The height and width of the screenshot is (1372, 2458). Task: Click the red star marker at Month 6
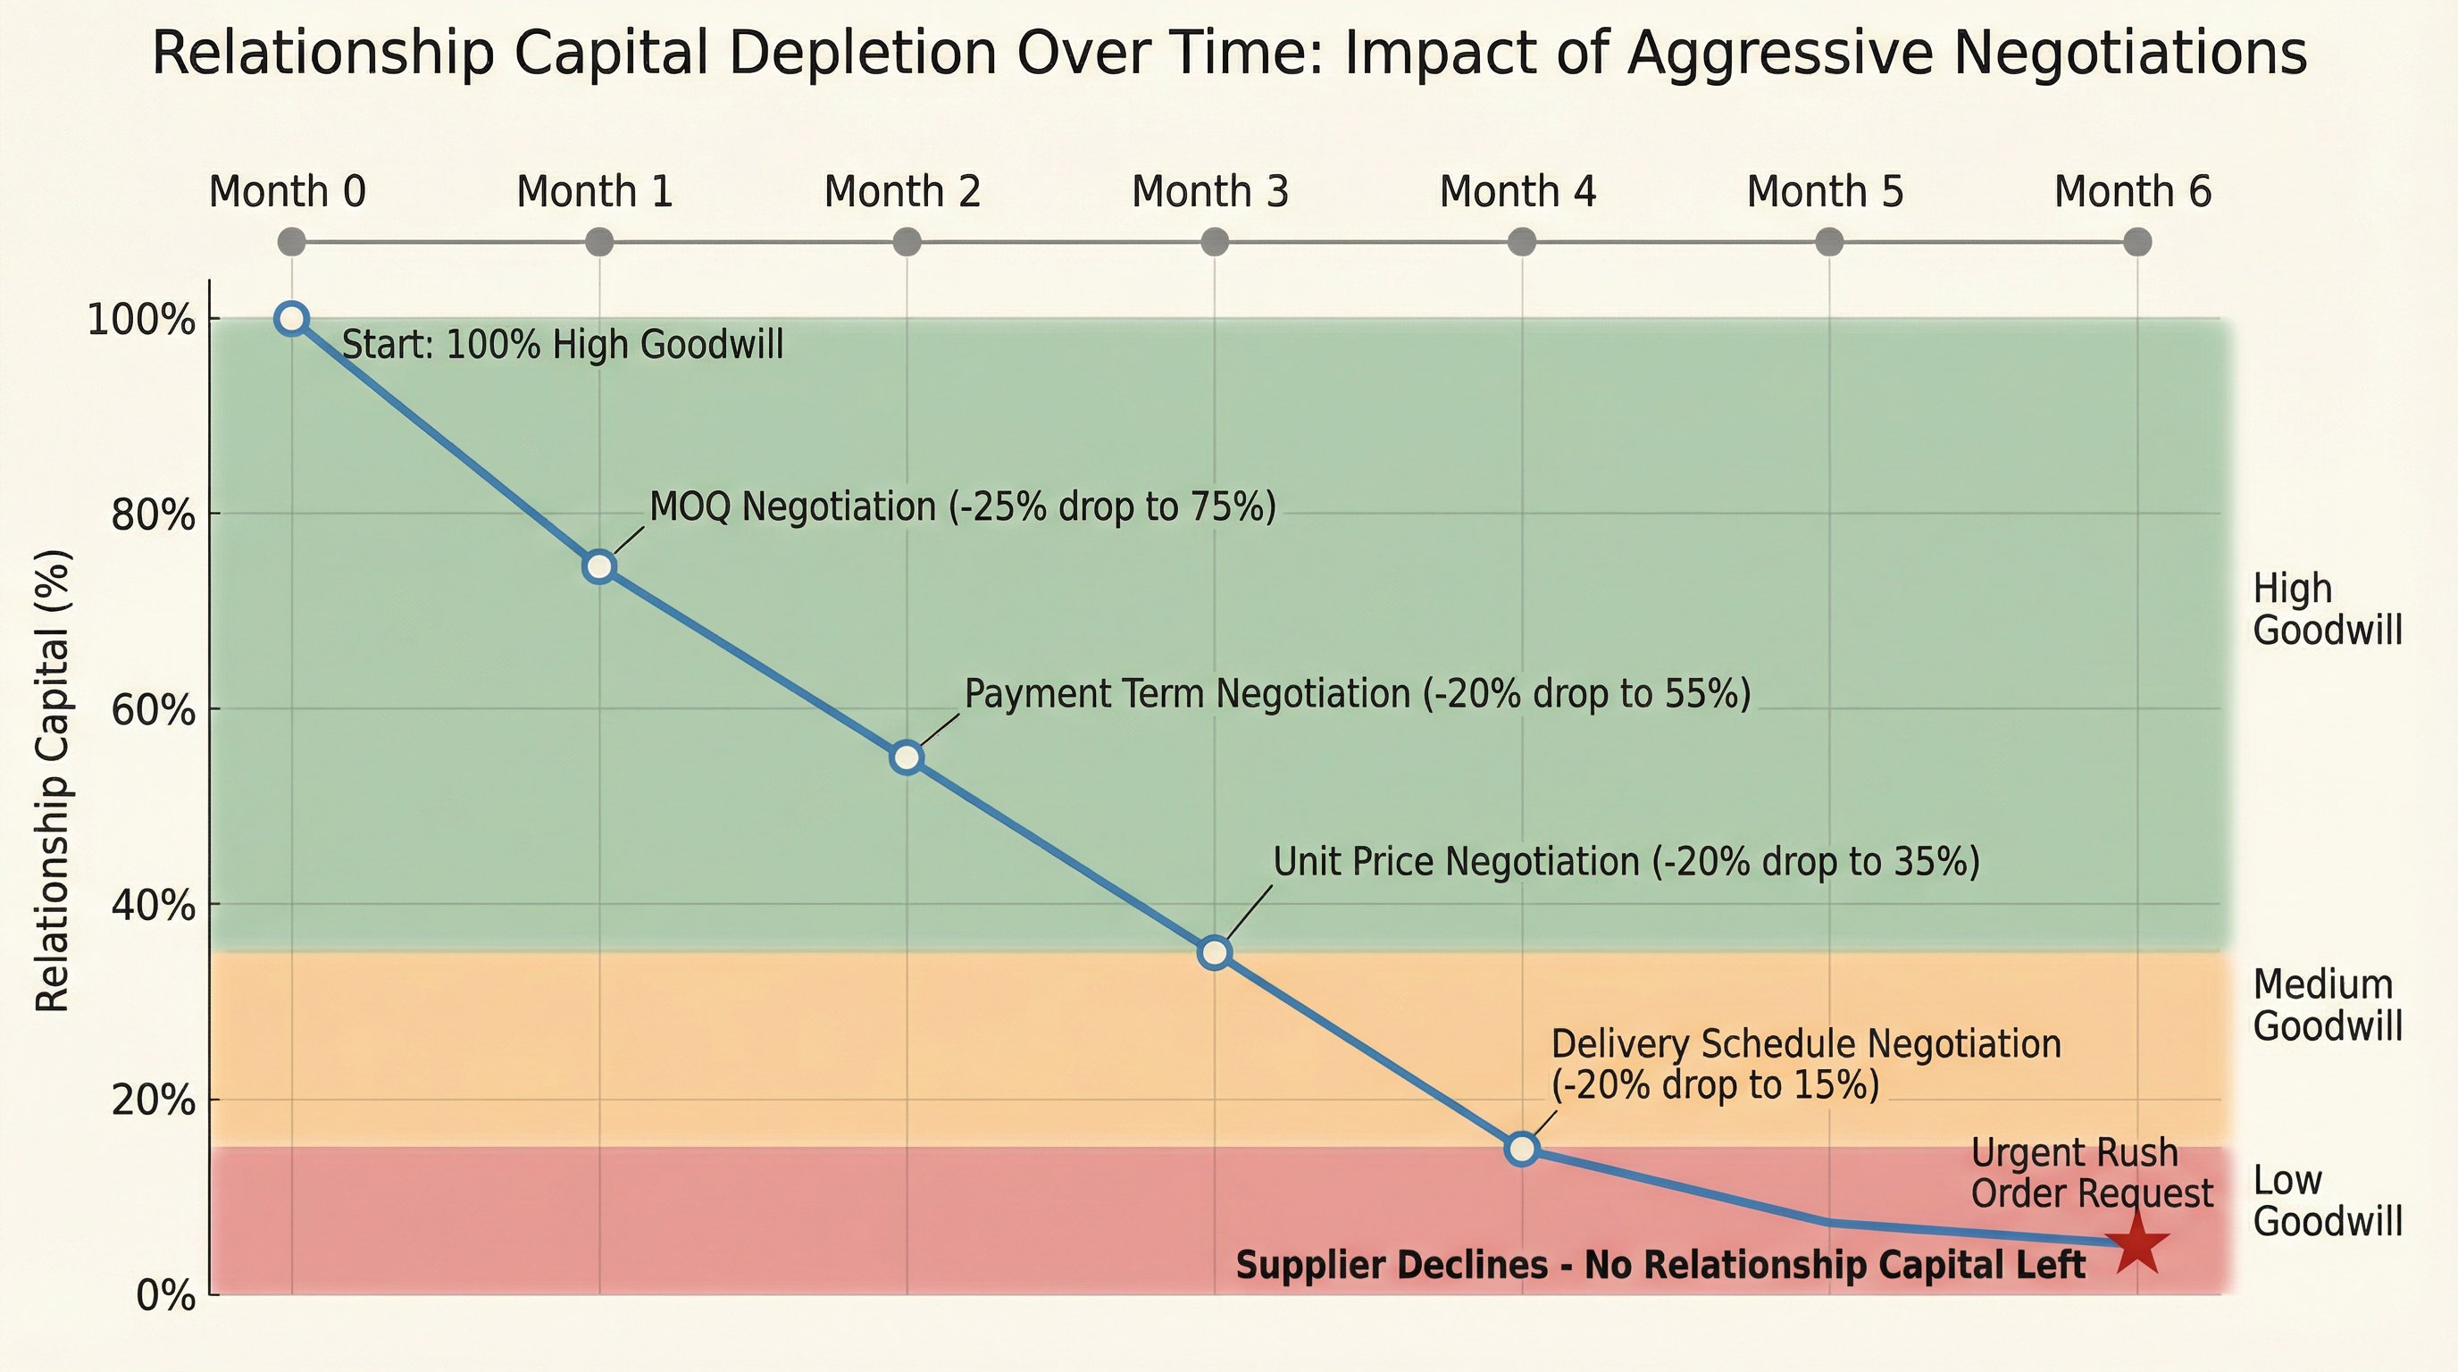(x=2137, y=1243)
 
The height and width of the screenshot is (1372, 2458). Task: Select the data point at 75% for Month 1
(x=599, y=565)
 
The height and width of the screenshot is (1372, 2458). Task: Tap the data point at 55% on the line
(x=907, y=757)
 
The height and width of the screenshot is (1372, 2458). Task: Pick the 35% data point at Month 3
(x=1215, y=952)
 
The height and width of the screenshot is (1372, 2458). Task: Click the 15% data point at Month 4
(x=1522, y=1148)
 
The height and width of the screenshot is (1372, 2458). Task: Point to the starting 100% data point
(x=292, y=319)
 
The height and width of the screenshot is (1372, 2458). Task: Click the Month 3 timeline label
(x=1210, y=192)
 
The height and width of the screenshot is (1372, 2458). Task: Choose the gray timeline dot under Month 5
(x=1829, y=242)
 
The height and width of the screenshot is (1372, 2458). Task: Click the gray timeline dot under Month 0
(x=292, y=242)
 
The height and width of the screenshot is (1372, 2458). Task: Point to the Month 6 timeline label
(x=2133, y=192)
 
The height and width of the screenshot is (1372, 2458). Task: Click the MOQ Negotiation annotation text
(x=962, y=506)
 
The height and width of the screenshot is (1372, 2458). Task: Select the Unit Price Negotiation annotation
(x=1626, y=862)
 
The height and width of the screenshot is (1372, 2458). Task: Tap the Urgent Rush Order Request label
(x=2091, y=1174)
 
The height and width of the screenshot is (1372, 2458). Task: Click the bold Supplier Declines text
(x=1660, y=1265)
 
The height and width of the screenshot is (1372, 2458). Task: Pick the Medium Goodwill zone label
(x=2327, y=1006)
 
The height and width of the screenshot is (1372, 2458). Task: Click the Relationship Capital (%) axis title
(x=53, y=780)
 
